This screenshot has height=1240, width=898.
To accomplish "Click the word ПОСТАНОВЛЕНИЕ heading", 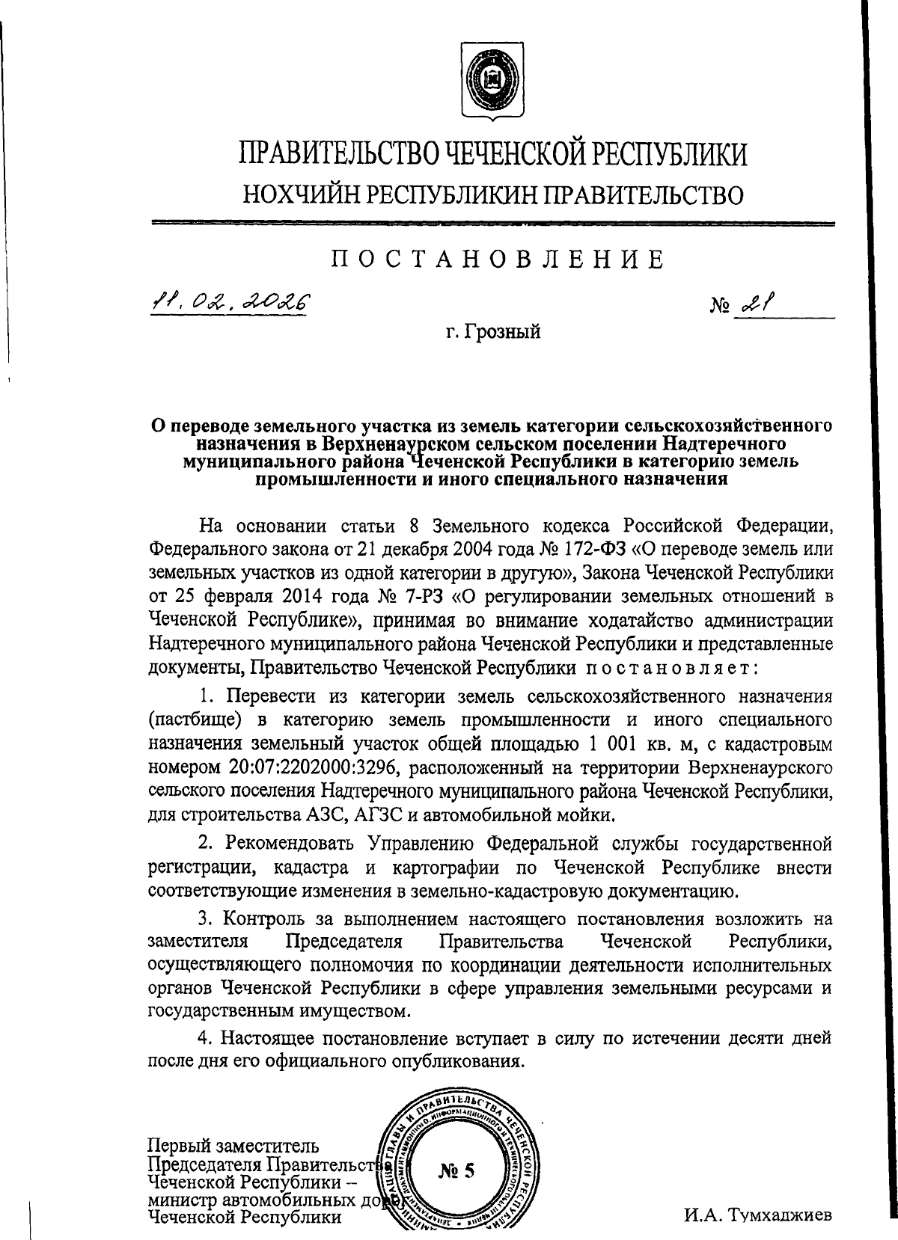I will [498, 260].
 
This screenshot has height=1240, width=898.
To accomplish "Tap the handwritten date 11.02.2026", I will [230, 301].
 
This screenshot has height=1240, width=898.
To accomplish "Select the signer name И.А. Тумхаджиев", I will [758, 1215].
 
